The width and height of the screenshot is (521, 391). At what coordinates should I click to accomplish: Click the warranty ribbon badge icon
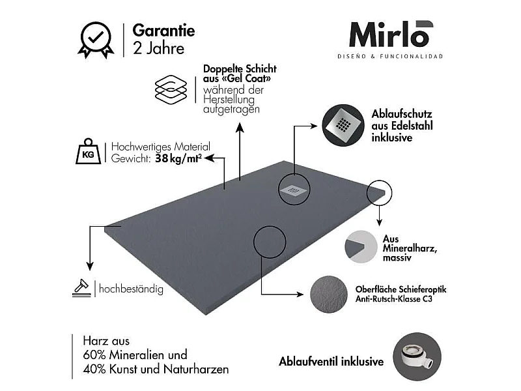[x=96, y=40]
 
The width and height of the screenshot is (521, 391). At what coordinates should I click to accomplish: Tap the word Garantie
[x=164, y=31]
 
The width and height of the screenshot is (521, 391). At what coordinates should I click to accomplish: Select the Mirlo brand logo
[x=391, y=35]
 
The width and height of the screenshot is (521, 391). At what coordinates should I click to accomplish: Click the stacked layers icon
[x=171, y=89]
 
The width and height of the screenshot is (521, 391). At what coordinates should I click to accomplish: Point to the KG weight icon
[x=89, y=152]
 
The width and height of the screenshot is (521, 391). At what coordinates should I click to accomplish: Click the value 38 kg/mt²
[x=178, y=158]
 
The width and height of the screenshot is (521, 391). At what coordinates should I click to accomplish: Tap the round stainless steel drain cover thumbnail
[x=343, y=125]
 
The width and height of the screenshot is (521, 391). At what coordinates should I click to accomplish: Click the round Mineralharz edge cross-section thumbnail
[x=361, y=247]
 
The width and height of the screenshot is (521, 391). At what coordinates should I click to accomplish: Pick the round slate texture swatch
[x=329, y=295]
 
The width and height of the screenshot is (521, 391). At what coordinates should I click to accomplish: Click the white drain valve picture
[x=417, y=356]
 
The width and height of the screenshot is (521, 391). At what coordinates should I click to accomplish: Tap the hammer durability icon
[x=82, y=288]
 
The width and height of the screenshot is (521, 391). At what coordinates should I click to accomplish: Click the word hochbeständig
[x=132, y=289]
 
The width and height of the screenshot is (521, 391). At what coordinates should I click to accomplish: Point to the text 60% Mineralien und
[x=135, y=355]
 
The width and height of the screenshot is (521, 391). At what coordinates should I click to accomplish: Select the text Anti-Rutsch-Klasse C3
[x=394, y=299]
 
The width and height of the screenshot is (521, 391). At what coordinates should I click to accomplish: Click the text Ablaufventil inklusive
[x=331, y=362]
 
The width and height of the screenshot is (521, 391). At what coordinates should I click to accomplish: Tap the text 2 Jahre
[x=158, y=48]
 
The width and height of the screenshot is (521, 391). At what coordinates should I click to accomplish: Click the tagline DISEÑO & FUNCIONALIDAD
[x=390, y=57]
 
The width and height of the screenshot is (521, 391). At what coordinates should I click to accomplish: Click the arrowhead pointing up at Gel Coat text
[x=240, y=128]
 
